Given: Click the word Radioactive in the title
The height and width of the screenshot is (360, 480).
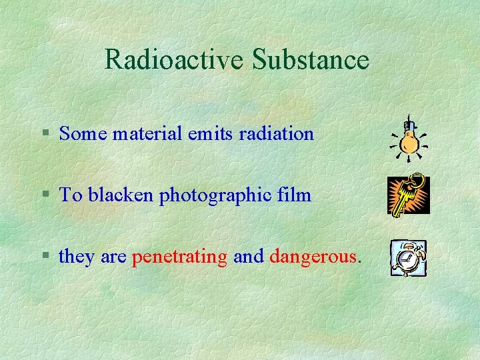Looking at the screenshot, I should pyautogui.click(x=175, y=60).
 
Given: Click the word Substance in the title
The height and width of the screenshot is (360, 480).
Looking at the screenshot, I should pyautogui.click(x=311, y=60).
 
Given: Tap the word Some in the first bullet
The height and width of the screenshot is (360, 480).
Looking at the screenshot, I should pyautogui.click(x=83, y=134).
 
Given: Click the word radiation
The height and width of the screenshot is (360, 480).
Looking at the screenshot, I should pyautogui.click(x=273, y=134).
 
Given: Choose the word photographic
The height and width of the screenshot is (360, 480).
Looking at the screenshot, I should pyautogui.click(x=215, y=195).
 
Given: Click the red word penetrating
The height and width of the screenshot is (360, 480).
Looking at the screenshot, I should pyautogui.click(x=180, y=257).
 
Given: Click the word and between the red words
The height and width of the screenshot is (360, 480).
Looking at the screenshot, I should pyautogui.click(x=249, y=257).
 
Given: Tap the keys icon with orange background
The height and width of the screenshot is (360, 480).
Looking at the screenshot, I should pyautogui.click(x=409, y=195).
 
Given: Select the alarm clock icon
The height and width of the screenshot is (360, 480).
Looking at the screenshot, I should pyautogui.click(x=409, y=258).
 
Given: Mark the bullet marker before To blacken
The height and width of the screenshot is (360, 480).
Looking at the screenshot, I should pyautogui.click(x=45, y=195).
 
